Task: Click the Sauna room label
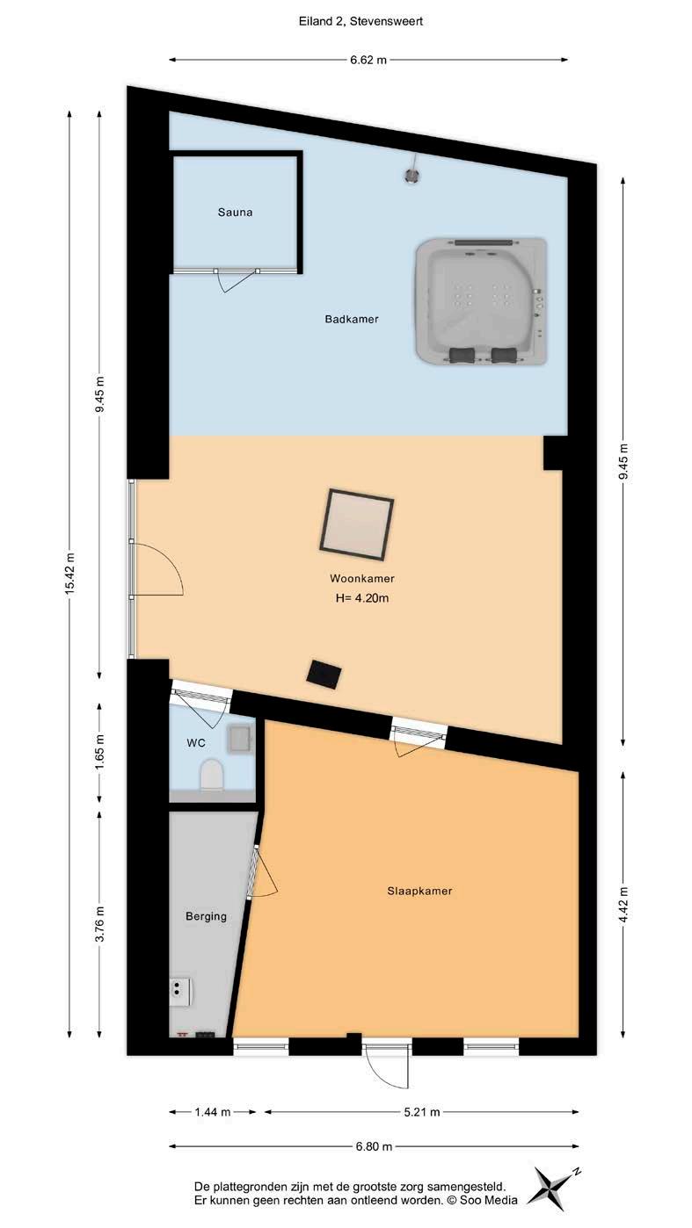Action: (235, 213)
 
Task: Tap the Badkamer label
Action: (351, 319)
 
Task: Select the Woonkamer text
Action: (361, 578)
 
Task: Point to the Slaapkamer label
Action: (419, 891)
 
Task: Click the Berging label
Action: (206, 916)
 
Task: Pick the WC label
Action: (196, 743)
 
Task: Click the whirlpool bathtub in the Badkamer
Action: (481, 301)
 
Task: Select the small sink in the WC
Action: (239, 739)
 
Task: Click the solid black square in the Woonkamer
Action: (324, 675)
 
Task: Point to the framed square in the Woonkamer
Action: (357, 524)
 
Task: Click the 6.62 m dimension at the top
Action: (368, 60)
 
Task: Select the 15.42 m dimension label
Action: (69, 574)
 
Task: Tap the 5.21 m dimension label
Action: (421, 1112)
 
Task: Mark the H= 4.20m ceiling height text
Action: (361, 598)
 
